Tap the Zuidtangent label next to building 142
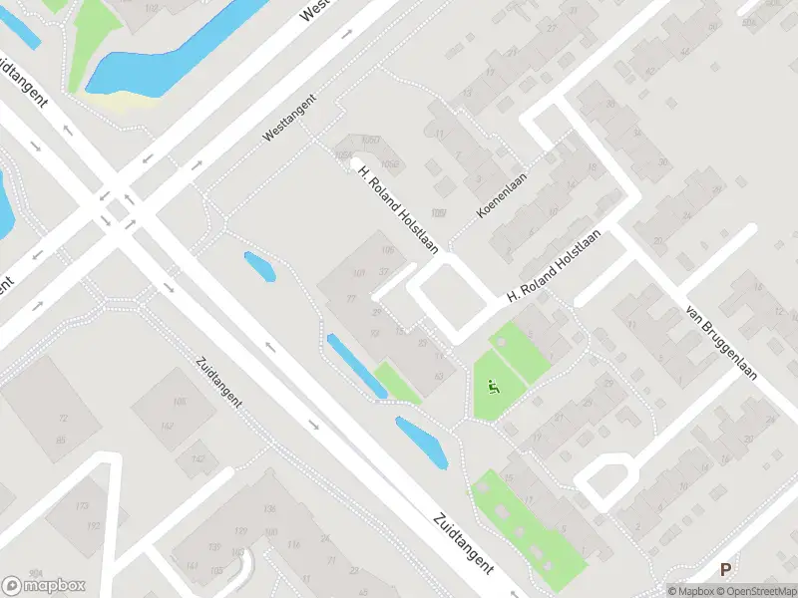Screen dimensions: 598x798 point(221,380)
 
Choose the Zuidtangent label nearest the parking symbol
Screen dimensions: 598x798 point(464,542)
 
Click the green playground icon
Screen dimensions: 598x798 point(492,386)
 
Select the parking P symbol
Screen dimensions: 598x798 point(725,569)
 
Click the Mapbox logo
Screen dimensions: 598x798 point(44,586)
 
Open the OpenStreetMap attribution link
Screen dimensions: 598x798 point(757,591)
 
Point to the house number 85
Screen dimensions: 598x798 point(62,440)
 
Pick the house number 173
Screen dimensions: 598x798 point(93,507)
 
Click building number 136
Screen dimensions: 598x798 point(268,509)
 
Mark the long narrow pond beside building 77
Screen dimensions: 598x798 point(356,366)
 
